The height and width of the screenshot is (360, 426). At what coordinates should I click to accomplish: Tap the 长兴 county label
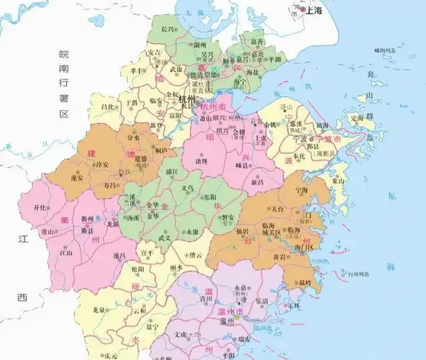(168, 29)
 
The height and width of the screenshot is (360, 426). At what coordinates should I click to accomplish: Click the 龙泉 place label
(100, 310)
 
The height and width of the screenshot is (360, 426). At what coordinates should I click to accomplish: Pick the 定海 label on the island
(357, 118)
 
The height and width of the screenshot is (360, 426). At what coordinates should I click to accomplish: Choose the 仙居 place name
(243, 230)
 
